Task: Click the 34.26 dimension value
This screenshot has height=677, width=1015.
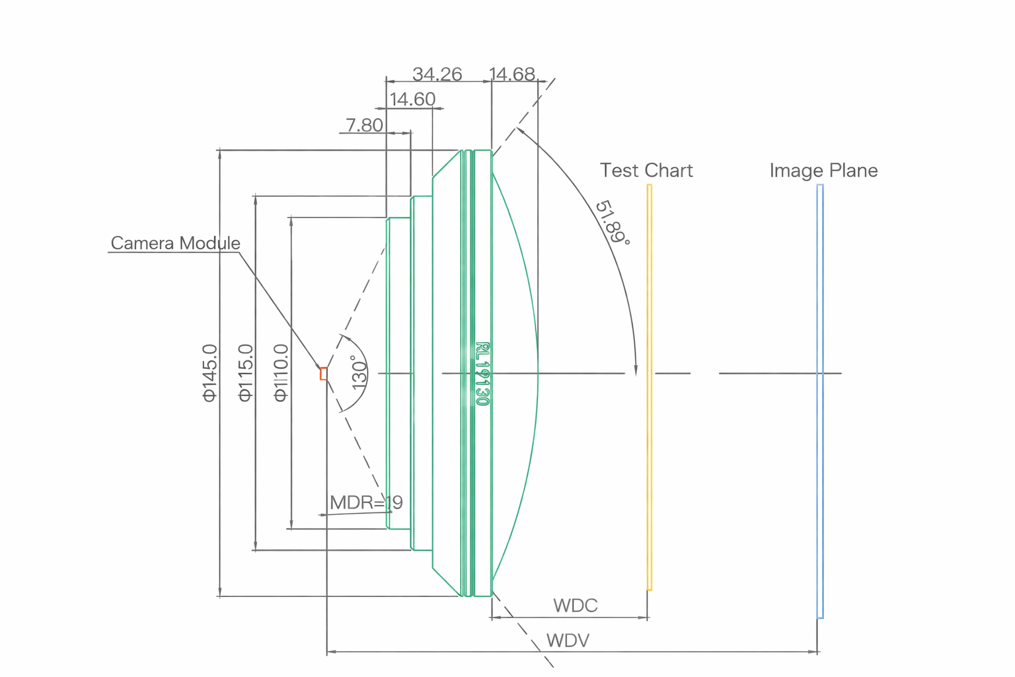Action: pos(437,74)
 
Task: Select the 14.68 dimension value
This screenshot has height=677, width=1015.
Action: pos(512,74)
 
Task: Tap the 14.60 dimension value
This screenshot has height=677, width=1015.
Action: pos(412,99)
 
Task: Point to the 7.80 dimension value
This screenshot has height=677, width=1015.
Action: pos(364,125)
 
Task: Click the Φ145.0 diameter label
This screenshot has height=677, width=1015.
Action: pos(209,373)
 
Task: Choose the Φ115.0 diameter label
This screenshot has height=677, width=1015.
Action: pos(245,373)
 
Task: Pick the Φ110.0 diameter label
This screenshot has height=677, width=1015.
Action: pos(281,373)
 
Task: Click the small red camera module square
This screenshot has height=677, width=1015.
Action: pos(324,374)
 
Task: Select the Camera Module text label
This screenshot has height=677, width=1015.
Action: pos(175,243)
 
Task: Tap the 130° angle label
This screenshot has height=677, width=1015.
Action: pos(359,373)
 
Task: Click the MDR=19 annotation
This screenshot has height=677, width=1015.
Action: pos(366,502)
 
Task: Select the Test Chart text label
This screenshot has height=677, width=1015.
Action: pos(646,171)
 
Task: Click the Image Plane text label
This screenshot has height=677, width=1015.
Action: pos(823,171)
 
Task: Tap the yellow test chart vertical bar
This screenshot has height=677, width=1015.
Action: pos(650,387)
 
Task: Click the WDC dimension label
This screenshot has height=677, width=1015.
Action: pos(575,606)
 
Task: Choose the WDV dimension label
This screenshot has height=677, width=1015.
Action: pos(568,641)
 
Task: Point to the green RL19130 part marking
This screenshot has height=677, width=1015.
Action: pos(483,374)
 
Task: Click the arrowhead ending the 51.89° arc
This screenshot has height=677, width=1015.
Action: pos(636,371)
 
